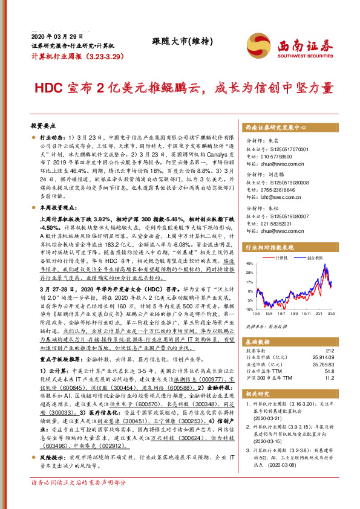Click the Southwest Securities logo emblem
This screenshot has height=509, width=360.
click(256, 44)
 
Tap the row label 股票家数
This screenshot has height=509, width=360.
click(255, 350)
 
